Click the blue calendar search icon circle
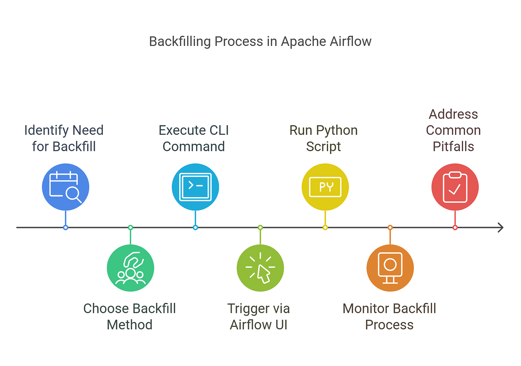(66, 187)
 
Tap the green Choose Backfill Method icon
(130, 268)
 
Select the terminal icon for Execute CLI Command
(195, 187)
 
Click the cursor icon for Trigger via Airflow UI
(260, 268)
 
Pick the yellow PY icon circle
(325, 187)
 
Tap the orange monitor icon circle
(390, 268)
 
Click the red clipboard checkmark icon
(455, 187)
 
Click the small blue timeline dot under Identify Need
(66, 227)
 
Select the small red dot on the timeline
(455, 227)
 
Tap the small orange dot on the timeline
(390, 227)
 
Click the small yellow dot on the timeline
(325, 227)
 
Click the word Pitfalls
(453, 147)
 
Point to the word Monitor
(366, 309)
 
